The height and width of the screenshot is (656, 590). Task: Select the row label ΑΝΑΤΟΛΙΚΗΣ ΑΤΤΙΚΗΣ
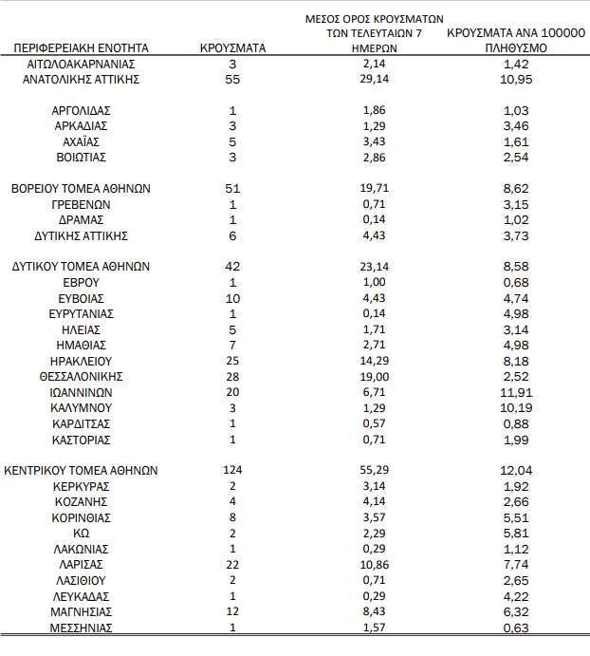pos(82,80)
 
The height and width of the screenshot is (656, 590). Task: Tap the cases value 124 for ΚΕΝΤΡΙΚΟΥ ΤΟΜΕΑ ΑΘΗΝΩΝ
pos(232,470)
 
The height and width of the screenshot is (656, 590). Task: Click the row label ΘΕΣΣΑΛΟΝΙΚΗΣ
pos(82,376)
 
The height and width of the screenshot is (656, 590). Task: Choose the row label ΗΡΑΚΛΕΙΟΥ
pos(82,361)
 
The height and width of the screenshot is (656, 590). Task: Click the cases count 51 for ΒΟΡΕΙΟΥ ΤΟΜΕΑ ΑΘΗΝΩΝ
pos(232,189)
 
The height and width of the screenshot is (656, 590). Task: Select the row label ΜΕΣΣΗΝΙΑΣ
pos(82,628)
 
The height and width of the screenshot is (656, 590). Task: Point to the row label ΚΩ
pos(82,533)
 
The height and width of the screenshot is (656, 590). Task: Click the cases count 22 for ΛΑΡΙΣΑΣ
pos(232,564)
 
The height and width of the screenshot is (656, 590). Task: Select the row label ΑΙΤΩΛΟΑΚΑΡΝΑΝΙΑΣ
pos(82,64)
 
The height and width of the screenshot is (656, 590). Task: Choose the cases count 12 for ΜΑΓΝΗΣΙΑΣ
pos(232,611)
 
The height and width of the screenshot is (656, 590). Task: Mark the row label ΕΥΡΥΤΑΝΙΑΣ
pos(82,314)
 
